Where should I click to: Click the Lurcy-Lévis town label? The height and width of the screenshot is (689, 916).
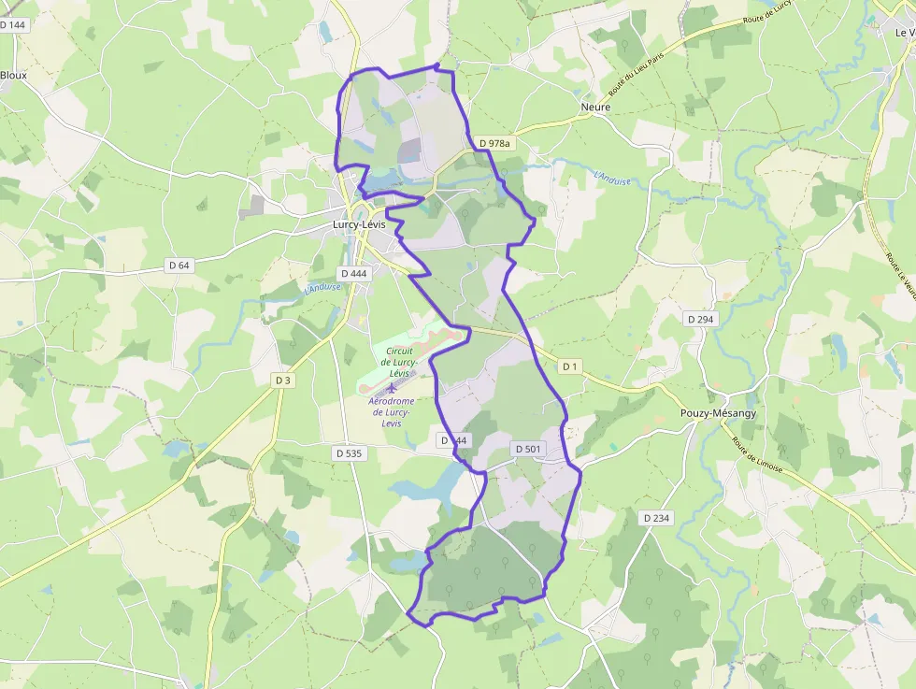(361, 225)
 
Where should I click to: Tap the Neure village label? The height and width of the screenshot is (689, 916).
(595, 108)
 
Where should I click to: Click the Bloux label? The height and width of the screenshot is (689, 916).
(14, 75)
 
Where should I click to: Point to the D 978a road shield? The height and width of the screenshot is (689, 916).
(494, 143)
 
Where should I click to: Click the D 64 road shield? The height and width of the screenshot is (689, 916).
(179, 266)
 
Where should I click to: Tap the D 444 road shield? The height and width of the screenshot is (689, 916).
(355, 274)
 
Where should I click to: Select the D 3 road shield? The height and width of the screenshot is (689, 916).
(284, 380)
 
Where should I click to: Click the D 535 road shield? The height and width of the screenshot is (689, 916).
(348, 453)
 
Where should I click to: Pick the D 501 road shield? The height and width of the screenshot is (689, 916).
(528, 450)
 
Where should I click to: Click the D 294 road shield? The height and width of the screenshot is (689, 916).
(700, 319)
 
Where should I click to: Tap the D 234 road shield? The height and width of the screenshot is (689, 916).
(657, 518)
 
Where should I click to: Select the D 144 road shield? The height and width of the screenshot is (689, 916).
(13, 25)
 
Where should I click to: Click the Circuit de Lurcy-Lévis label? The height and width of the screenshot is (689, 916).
(398, 362)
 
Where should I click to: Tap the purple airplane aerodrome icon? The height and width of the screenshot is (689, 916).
(392, 387)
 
